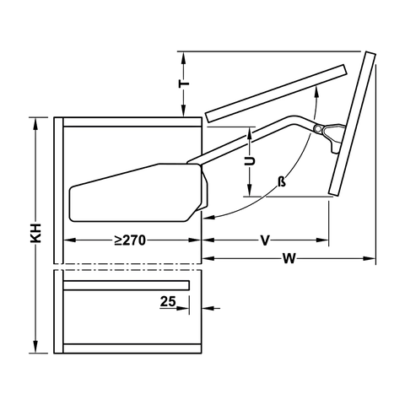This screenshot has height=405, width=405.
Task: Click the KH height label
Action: pyautogui.click(x=35, y=235)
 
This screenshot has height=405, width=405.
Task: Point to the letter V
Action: pyautogui.click(x=265, y=240)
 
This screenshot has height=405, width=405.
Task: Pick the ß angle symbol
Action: pyautogui.click(x=278, y=182)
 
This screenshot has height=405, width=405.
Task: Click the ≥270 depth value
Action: pyautogui.click(x=131, y=240)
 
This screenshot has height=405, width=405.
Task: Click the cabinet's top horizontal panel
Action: pyautogui.click(x=131, y=121)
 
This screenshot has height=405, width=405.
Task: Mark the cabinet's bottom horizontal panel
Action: pyautogui.click(x=131, y=348)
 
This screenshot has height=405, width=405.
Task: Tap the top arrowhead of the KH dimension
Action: pyautogui.click(x=35, y=122)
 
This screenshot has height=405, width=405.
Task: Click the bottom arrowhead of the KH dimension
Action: pyautogui.click(x=35, y=348)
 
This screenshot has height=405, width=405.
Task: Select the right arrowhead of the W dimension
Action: pyautogui.click(x=371, y=256)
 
